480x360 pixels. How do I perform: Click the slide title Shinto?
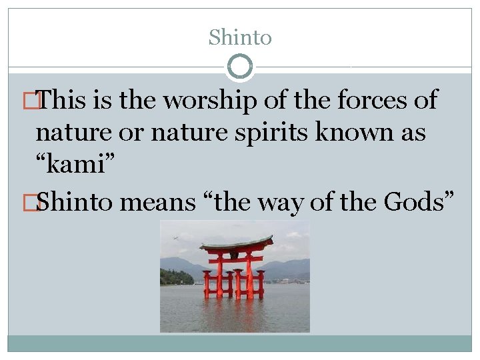pos(240,37)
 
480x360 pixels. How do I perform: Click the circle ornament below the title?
pos(240,67)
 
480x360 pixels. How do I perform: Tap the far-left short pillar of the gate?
pos(207,285)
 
